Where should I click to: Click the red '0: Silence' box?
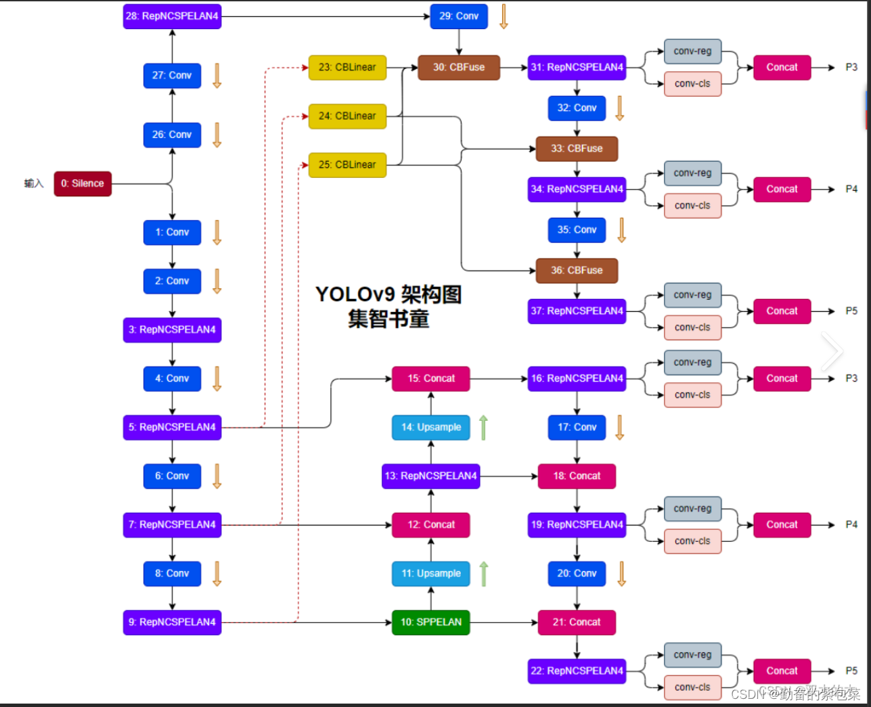(83, 183)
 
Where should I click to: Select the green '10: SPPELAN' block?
(430, 622)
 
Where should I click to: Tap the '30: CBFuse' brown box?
(459, 67)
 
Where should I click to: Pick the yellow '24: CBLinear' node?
(347, 116)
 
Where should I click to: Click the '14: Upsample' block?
(430, 427)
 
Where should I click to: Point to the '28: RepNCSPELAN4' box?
(172, 16)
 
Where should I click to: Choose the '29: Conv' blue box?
(459, 16)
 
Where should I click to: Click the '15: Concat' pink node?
(430, 378)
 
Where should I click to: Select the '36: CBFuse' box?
(577, 270)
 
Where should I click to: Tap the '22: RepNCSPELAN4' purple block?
(577, 670)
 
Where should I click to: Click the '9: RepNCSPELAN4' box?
(172, 622)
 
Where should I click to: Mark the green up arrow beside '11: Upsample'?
(484, 574)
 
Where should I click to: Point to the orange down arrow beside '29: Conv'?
(504, 16)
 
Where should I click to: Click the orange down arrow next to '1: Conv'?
(217, 232)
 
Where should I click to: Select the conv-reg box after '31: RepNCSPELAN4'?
(692, 51)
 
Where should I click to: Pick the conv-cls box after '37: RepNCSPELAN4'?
(692, 327)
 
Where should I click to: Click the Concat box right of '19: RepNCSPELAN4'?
(782, 524)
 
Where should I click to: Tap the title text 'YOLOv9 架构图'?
(388, 294)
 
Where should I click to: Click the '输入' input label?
(34, 183)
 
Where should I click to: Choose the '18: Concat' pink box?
(577, 476)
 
